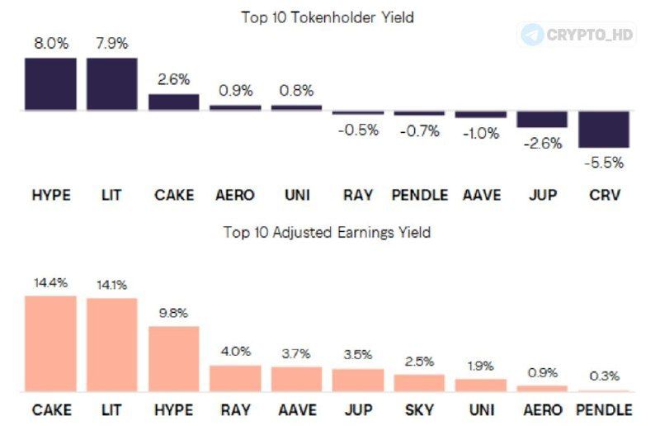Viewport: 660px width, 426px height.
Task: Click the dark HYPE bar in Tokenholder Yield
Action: coord(50,84)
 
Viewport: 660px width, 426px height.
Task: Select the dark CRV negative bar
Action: coord(604,130)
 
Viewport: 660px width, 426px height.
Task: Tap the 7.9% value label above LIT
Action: coord(112,44)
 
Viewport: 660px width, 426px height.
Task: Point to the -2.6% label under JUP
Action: coord(543,144)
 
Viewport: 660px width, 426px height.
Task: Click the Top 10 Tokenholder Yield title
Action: coord(328,17)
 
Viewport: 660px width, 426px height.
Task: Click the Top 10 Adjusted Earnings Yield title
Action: coord(327,232)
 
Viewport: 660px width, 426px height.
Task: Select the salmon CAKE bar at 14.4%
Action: coord(50,343)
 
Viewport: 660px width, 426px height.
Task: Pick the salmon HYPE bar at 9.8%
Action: coord(174,359)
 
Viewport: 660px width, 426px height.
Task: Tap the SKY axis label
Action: coord(419,409)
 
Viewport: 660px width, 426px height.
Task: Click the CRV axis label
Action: coord(605,195)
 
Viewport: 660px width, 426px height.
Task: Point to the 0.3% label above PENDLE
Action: coord(605,376)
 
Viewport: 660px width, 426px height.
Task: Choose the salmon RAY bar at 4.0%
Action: coord(235,378)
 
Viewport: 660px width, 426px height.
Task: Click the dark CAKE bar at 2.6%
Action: coord(174,102)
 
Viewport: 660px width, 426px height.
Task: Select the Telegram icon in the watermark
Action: coord(531,34)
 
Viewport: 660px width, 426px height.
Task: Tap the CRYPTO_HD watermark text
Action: coord(590,35)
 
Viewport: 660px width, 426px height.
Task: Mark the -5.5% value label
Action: coord(604,163)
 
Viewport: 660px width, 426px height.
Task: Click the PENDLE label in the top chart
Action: coord(420,195)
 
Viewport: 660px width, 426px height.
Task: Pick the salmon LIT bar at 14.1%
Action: coord(112,344)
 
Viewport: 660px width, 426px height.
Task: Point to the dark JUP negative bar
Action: coord(542,119)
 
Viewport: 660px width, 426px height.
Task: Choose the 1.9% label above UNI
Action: coord(481,366)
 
